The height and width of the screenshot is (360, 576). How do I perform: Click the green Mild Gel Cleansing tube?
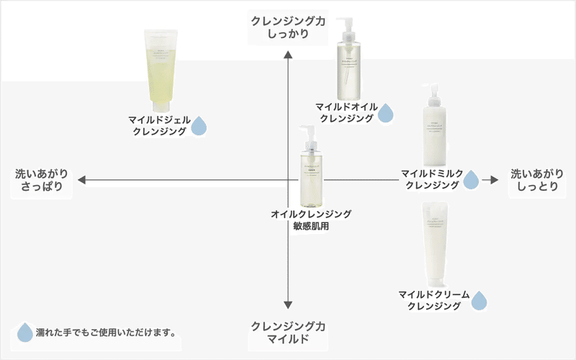coord(162,68)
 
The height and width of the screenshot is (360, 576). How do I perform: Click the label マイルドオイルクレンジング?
coord(346,112)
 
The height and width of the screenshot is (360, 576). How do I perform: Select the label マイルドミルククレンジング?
coord(430,179)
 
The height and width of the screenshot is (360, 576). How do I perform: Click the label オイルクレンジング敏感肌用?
coord(311,220)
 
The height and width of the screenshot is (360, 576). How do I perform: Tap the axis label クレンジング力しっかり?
coord(288,27)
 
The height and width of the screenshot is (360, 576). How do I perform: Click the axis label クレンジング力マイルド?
coord(288,333)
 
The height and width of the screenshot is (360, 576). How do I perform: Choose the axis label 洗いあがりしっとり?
coord(534,180)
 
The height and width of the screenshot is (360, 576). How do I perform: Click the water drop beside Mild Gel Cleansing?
coord(198,127)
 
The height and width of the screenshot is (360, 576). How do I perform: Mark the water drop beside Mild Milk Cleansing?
coord(471,179)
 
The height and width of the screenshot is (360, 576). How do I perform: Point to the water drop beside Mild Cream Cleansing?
coord(480,300)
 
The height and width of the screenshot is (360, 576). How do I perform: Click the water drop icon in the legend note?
coord(25,332)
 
